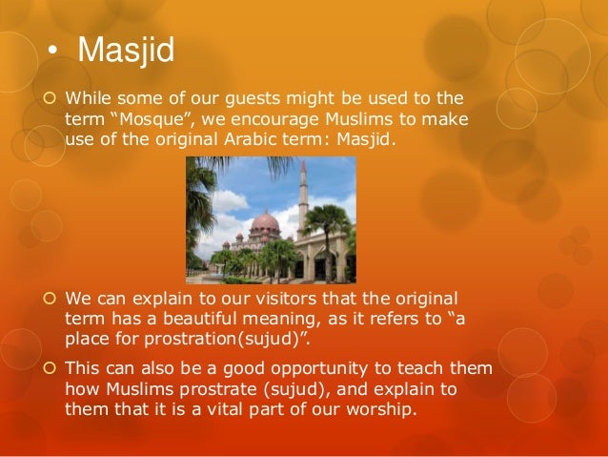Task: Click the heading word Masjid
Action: pos(126,51)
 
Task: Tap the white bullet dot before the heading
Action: pos(52,51)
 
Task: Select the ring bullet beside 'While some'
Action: pos(50,98)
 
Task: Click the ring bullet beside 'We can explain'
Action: pos(50,299)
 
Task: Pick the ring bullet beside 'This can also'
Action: pos(50,367)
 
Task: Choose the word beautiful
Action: pos(200,319)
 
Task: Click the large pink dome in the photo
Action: pos(265,222)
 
